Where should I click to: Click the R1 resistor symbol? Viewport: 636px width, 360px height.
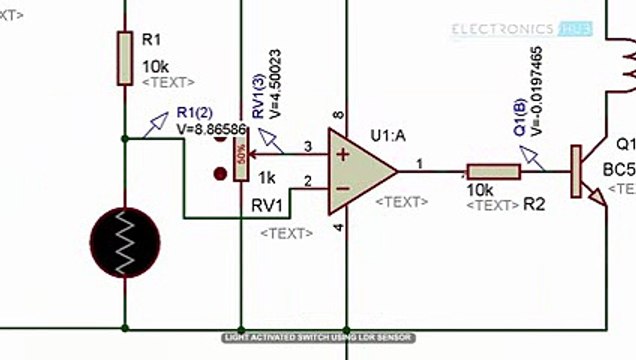[x=124, y=57]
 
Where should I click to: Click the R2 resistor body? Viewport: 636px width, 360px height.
[x=492, y=172]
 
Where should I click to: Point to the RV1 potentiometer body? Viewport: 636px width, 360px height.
[x=240, y=154]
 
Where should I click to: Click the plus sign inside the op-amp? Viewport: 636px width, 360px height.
[x=343, y=154]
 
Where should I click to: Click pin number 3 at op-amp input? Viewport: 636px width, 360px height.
[x=308, y=147]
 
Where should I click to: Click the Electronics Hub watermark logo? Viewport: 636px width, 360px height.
[x=520, y=30]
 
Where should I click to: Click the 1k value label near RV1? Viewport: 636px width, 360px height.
[x=267, y=177]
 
